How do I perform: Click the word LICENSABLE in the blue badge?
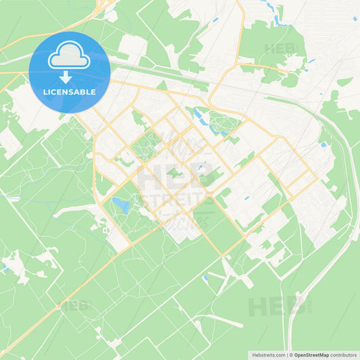pyautogui.click(x=70, y=92)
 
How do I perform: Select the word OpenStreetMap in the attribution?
pyautogui.click(x=311, y=355)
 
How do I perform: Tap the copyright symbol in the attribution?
pyautogui.click(x=289, y=355)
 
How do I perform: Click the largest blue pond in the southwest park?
pyautogui.click(x=121, y=204)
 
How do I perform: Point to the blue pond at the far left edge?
pyautogui.click(x=3, y=267)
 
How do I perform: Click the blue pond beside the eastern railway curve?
pyautogui.click(x=324, y=144)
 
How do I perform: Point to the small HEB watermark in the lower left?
pyautogui.click(x=74, y=305)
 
